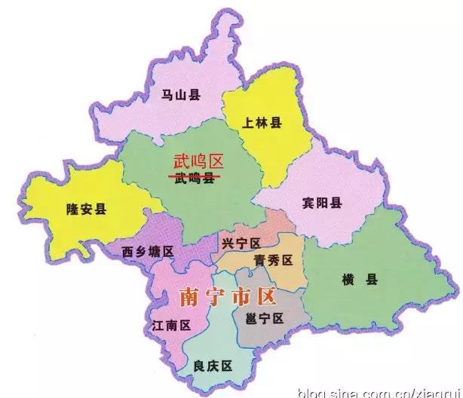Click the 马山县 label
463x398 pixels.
(x=182, y=95)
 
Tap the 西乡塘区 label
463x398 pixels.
(x=148, y=251)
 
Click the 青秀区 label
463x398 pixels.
(x=272, y=261)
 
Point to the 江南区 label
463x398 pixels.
(x=171, y=326)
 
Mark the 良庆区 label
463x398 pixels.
(x=212, y=366)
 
